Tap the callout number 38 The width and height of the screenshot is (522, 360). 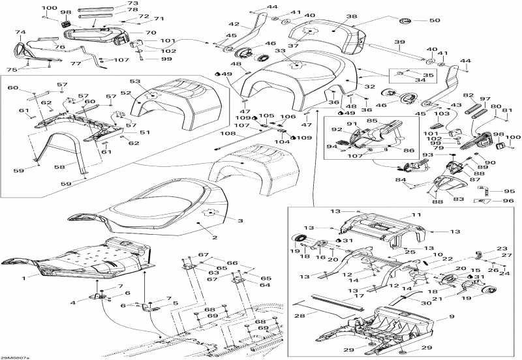(352, 17)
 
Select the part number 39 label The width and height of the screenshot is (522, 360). (397, 42)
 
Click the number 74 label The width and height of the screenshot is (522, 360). (20, 32)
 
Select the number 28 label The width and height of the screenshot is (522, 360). (299, 316)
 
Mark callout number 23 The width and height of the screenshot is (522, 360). (501, 248)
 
